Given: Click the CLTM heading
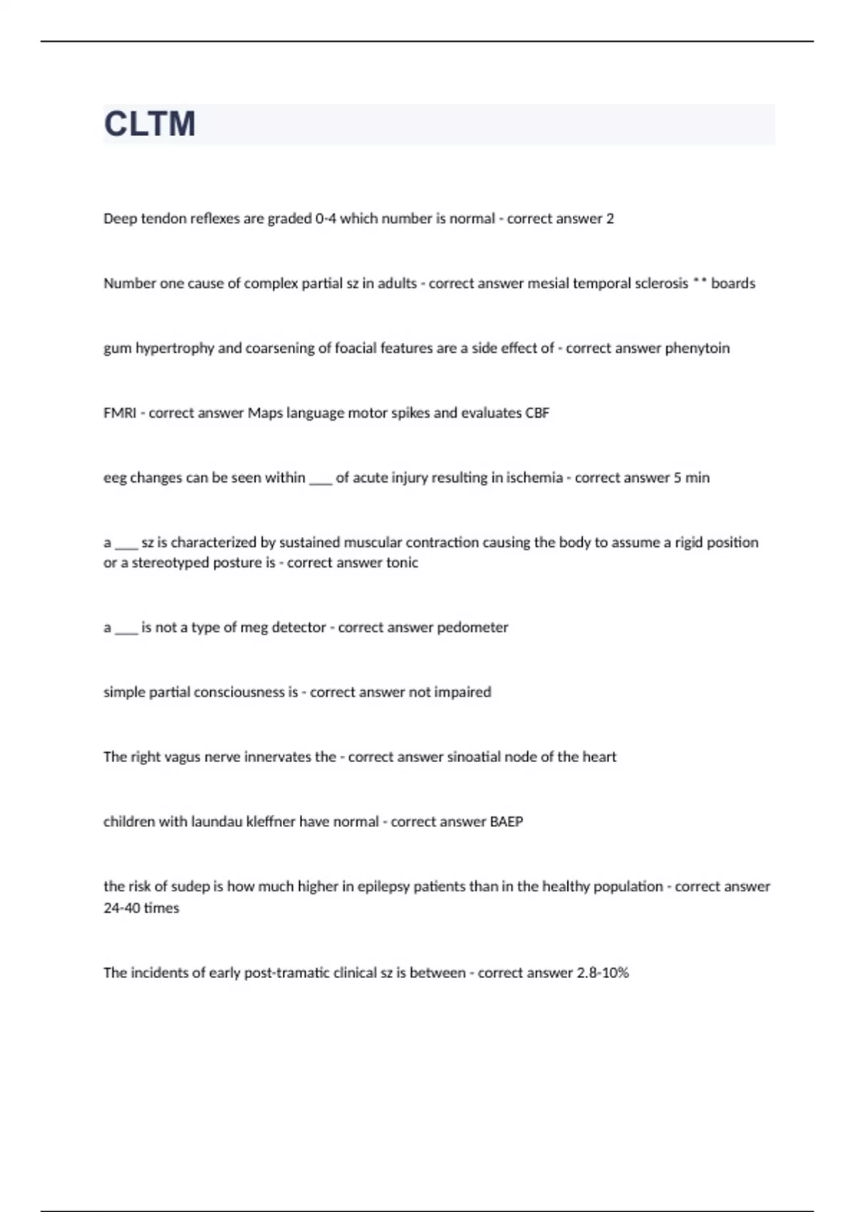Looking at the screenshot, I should (150, 124).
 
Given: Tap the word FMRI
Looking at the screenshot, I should (120, 413).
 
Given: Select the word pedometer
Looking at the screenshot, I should (472, 627).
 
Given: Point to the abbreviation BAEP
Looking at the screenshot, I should (506, 821).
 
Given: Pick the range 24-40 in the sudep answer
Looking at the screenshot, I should (122, 908).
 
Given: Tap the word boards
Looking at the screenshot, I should (733, 283).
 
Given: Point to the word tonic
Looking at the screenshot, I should (402, 563).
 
